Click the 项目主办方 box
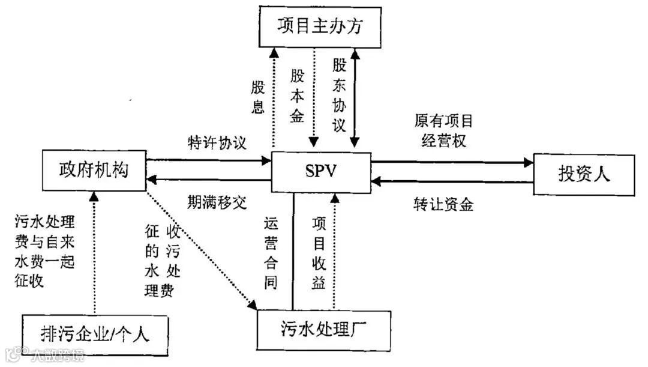[x=320, y=26]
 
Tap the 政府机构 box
[x=94, y=169]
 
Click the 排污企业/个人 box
[x=95, y=333]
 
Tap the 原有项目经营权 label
[x=443, y=130]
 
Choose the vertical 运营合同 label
[x=271, y=254]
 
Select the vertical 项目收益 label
[x=319, y=254]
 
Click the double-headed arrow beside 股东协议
[x=355, y=96]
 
